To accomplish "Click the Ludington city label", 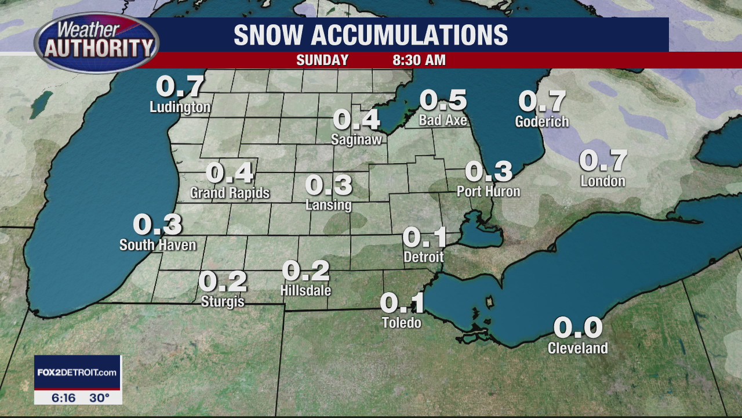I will pos(180,107).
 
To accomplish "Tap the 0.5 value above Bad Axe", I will pos(443,100).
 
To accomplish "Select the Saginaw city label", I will pos(356,139).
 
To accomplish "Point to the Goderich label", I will pos(541,122).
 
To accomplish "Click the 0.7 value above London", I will pos(603,161).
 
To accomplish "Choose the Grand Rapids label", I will pos(230,193).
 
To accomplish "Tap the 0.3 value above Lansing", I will pos(329,185).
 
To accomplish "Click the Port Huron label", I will pos(488,191).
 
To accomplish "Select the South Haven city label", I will pos(158,245).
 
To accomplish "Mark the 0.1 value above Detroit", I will pos(425,237).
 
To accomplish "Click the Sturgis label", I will pos(223,302).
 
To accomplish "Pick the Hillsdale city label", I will pos(305,290).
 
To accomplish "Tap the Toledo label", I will pos(401,322).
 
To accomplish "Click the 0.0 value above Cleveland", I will pos(577,328).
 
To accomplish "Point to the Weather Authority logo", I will pos(96,42).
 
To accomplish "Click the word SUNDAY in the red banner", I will pos(322,60).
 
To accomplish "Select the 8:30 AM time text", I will pos(419,60).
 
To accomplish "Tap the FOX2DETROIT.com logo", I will pos(77,372).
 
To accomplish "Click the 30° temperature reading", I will pos(99,398).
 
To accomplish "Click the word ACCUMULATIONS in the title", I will pos(409,35).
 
